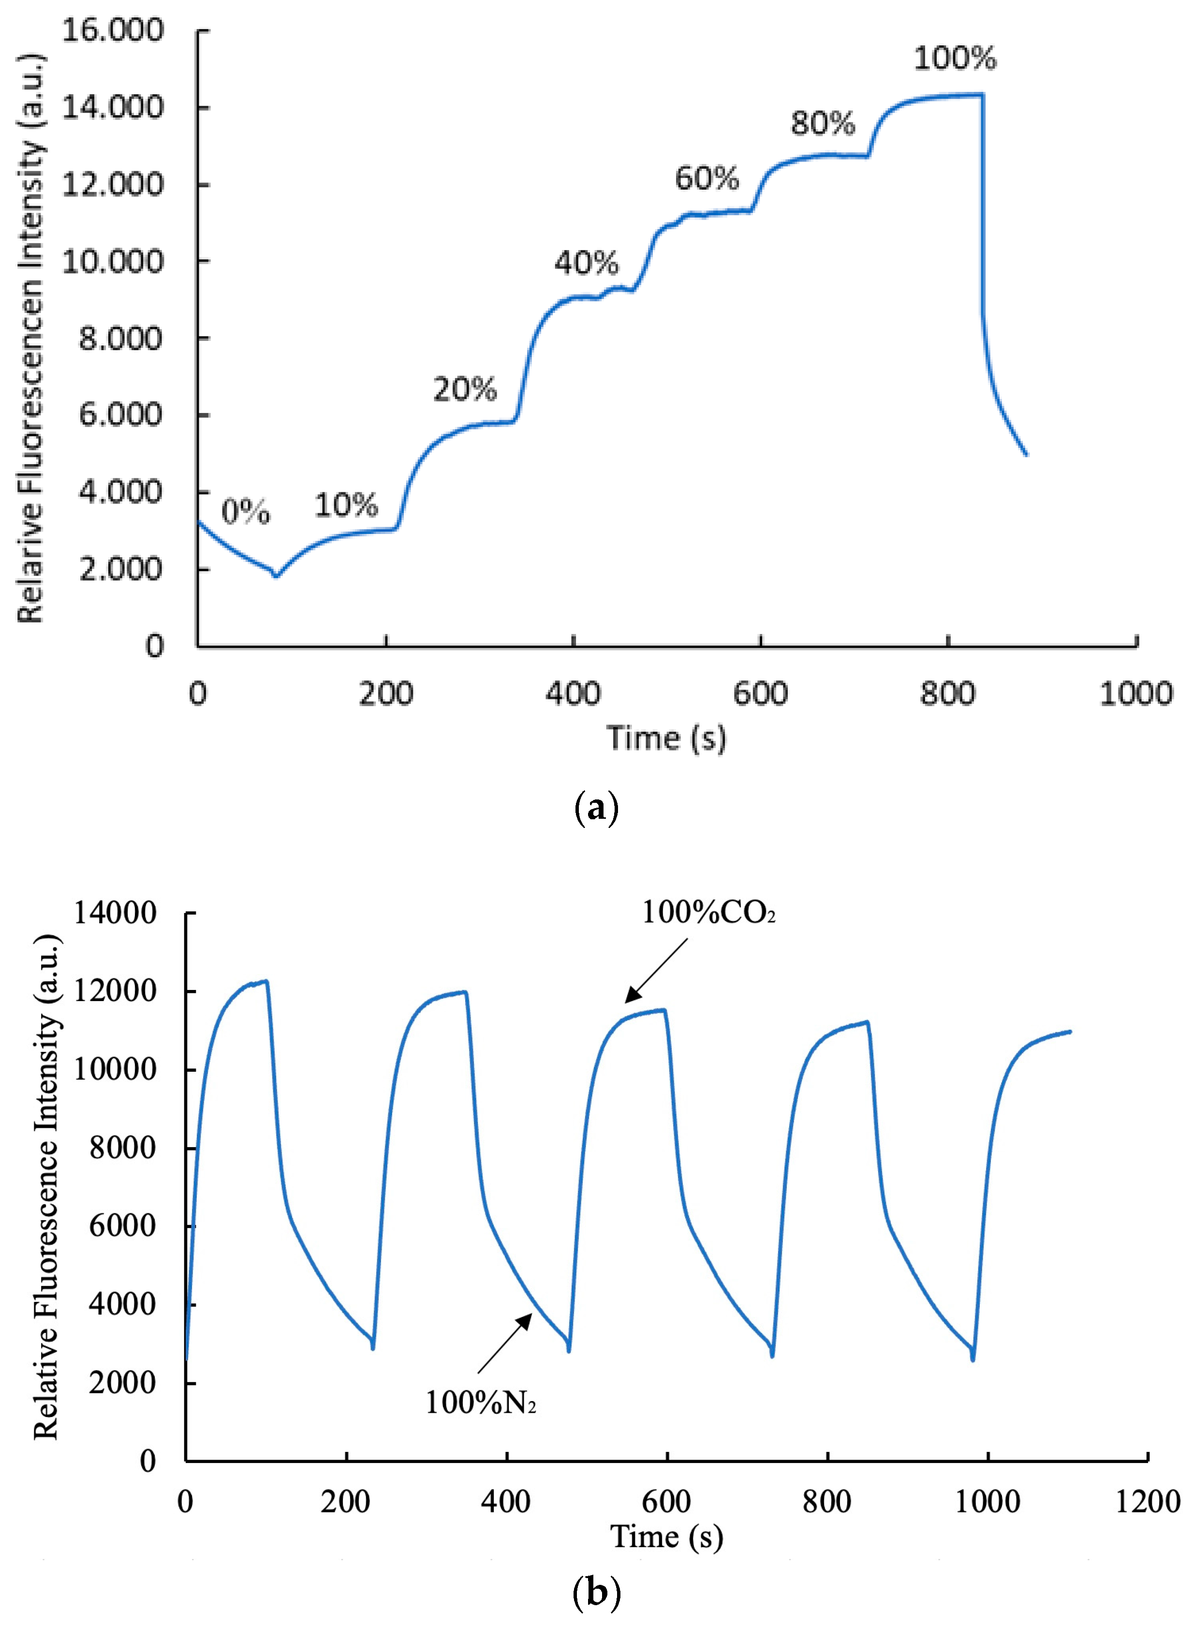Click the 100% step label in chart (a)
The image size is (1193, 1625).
(x=955, y=58)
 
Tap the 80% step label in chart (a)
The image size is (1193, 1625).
(x=823, y=123)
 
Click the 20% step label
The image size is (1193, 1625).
(x=465, y=389)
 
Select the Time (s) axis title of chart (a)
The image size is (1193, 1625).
(x=666, y=738)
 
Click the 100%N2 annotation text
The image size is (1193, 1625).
(x=480, y=1402)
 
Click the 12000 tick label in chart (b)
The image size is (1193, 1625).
(x=115, y=991)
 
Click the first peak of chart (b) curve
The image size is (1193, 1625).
(x=266, y=981)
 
